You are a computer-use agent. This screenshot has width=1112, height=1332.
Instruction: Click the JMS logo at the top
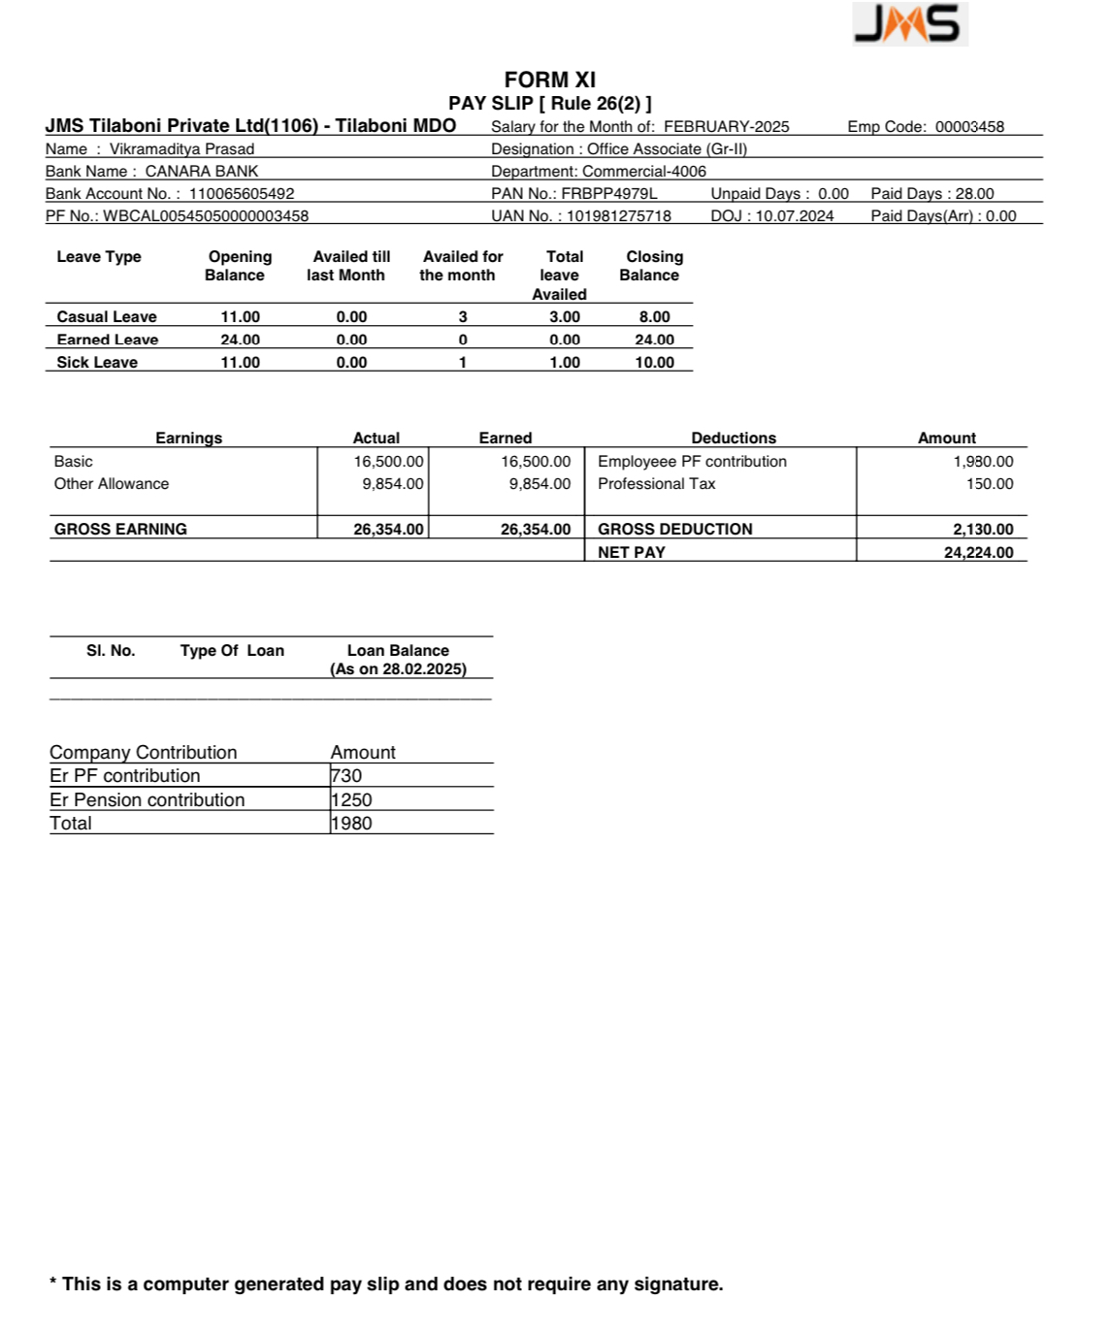point(909,24)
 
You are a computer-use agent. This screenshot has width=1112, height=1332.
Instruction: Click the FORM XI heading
point(549,80)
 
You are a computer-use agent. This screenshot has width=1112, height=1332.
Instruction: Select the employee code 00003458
point(969,127)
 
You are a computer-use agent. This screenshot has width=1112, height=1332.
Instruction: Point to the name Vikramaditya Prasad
point(181,149)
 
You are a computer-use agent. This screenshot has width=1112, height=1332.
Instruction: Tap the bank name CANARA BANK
point(202,172)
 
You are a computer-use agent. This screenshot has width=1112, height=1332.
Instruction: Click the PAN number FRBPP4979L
point(608,194)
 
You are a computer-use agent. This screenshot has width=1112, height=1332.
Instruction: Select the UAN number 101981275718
point(619,216)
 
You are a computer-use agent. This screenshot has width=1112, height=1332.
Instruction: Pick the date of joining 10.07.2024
point(795,216)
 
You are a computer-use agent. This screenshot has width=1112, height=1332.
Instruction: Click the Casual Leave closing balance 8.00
point(654,317)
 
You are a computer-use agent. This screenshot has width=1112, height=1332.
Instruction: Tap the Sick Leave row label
point(97,363)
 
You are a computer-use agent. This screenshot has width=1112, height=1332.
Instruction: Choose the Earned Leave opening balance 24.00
point(240,340)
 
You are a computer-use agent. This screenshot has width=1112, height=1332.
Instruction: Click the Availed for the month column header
point(462,266)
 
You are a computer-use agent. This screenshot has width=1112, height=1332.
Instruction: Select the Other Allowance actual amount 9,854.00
point(392,484)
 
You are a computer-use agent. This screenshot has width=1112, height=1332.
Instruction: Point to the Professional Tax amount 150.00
point(989,484)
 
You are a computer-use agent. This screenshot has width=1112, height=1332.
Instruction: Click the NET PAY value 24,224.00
point(978,553)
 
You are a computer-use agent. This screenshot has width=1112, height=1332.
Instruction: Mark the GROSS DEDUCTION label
point(674,530)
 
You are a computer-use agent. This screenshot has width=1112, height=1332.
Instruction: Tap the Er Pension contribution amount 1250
point(351,800)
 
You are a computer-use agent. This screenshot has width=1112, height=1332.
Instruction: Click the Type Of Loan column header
point(232,651)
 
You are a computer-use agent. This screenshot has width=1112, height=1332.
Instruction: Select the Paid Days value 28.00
point(974,194)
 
